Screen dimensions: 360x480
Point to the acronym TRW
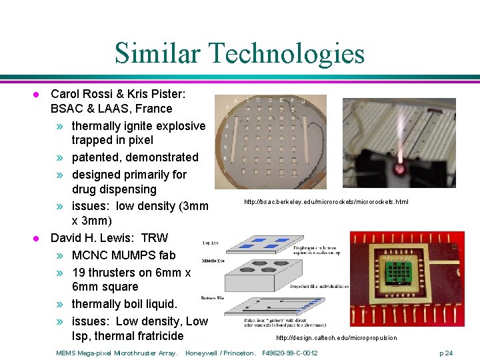coord(155,238)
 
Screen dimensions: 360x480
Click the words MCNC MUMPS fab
coord(123,255)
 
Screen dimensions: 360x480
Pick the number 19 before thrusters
coord(79,272)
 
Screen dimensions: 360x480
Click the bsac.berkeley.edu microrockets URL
coord(326,201)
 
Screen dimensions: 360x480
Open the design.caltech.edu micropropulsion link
coord(336,338)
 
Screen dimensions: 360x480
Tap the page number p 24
coord(445,353)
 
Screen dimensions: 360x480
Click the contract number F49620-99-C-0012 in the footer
coord(290,353)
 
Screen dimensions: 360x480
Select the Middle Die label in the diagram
coord(212,260)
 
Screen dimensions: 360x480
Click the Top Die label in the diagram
coord(211,243)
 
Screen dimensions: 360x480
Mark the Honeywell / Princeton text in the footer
coord(221,353)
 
